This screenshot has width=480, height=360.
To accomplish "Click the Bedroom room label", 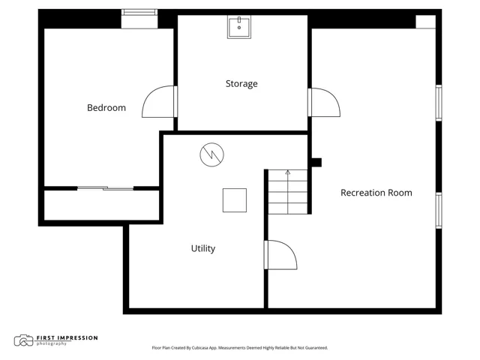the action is [x=106, y=108].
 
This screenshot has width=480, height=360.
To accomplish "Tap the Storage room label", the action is [x=241, y=84].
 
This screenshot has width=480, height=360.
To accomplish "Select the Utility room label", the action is [x=203, y=248].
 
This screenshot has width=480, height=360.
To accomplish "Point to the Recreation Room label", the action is [x=376, y=193].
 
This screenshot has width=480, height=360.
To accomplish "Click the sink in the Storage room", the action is [x=239, y=27].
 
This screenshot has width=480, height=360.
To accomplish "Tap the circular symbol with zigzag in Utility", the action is [x=211, y=154].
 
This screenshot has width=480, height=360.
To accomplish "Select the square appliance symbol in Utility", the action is [x=235, y=200].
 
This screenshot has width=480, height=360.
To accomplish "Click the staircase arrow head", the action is [x=288, y=172].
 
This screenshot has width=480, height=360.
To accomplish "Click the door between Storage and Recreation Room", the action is [x=324, y=102].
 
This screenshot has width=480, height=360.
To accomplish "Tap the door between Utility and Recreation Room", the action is [x=280, y=255].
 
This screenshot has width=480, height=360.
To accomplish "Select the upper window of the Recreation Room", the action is [x=439, y=103].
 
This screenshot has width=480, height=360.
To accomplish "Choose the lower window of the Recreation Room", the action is [x=439, y=210].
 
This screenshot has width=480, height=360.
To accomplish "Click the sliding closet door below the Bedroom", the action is [x=105, y=188].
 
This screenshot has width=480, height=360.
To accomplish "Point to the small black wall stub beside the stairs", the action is [x=316, y=163].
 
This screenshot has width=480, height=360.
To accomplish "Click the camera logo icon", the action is [x=23, y=340].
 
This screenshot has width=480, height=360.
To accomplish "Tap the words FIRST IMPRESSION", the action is [x=67, y=338].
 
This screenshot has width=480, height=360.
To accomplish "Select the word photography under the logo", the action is [x=52, y=343].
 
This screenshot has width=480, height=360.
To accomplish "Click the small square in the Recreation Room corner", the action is [x=425, y=22].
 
